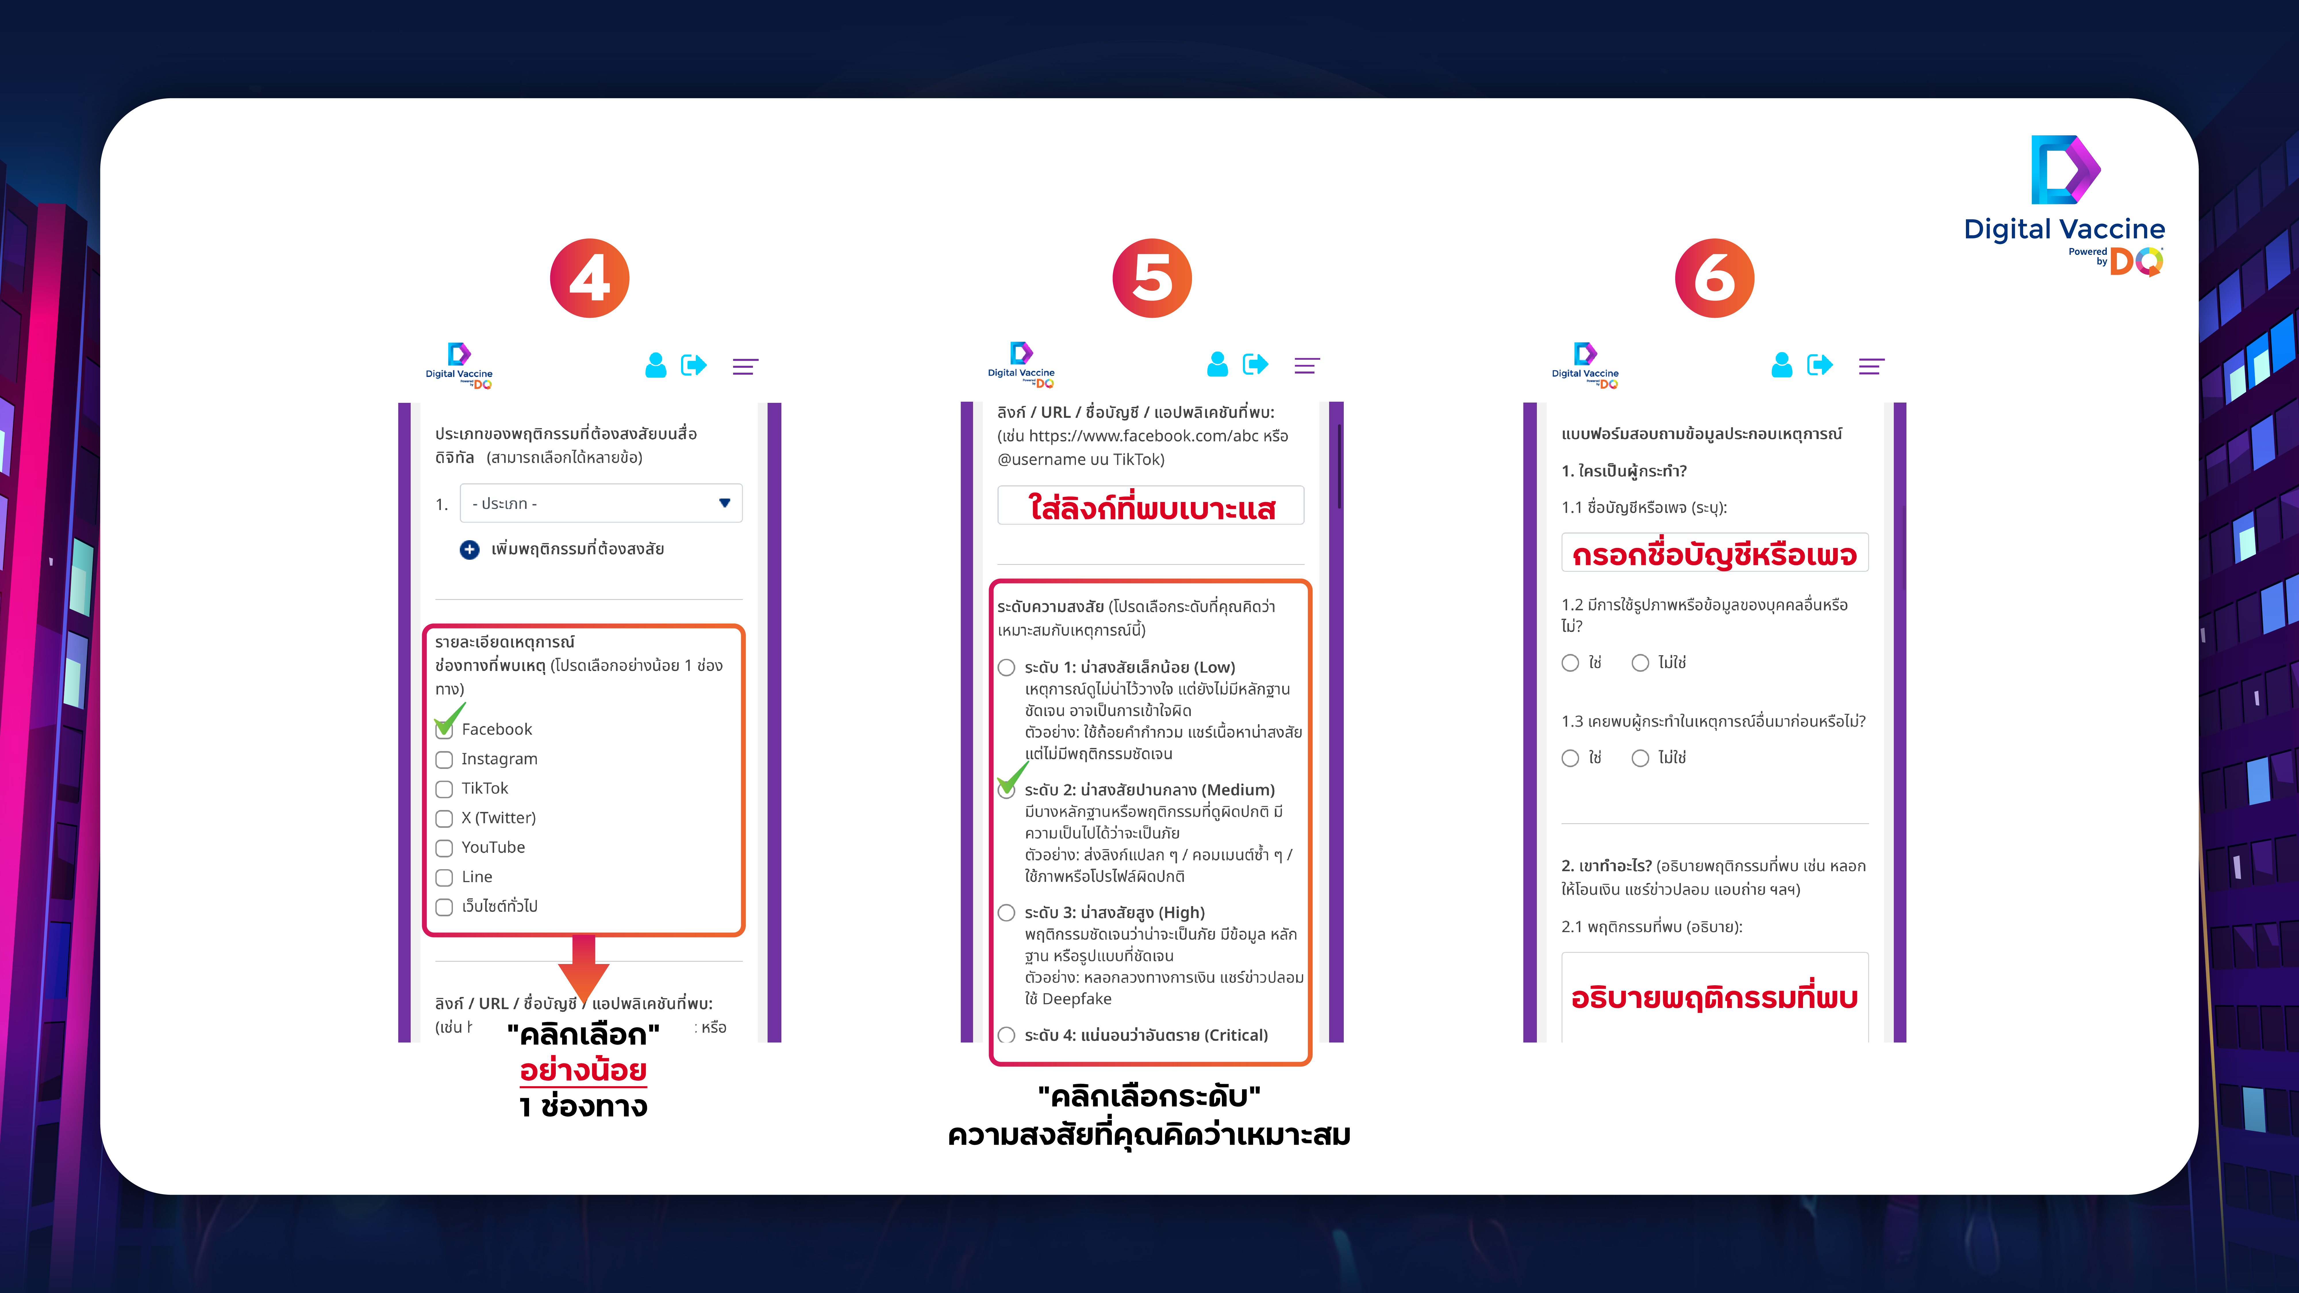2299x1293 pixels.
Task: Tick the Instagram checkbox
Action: pyautogui.click(x=443, y=759)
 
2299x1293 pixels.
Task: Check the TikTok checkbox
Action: pyautogui.click(x=443, y=789)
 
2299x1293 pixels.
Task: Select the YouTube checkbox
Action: pyautogui.click(x=443, y=848)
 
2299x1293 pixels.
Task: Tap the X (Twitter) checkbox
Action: pyautogui.click(x=443, y=818)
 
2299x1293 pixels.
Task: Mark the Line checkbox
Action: pyautogui.click(x=443, y=877)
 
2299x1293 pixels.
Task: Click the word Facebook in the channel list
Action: pyautogui.click(x=496, y=729)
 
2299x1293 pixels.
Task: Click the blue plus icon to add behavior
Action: pyautogui.click(x=470, y=550)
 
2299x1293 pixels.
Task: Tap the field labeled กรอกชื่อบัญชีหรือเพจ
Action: pyautogui.click(x=1714, y=553)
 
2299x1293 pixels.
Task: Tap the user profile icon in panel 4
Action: pyautogui.click(x=656, y=365)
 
